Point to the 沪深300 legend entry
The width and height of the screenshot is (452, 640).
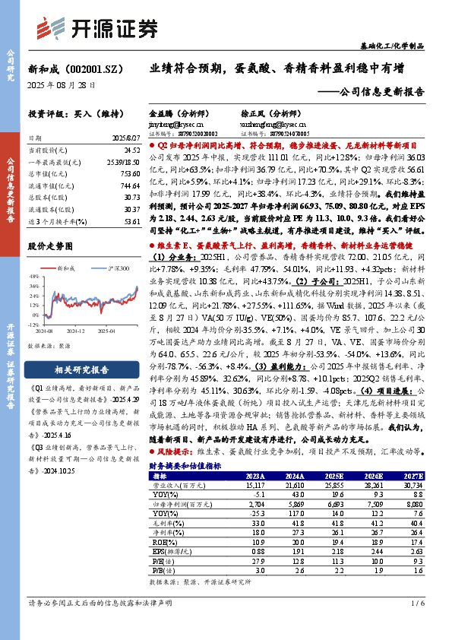[112, 268]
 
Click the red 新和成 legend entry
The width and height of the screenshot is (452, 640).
[65, 268]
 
